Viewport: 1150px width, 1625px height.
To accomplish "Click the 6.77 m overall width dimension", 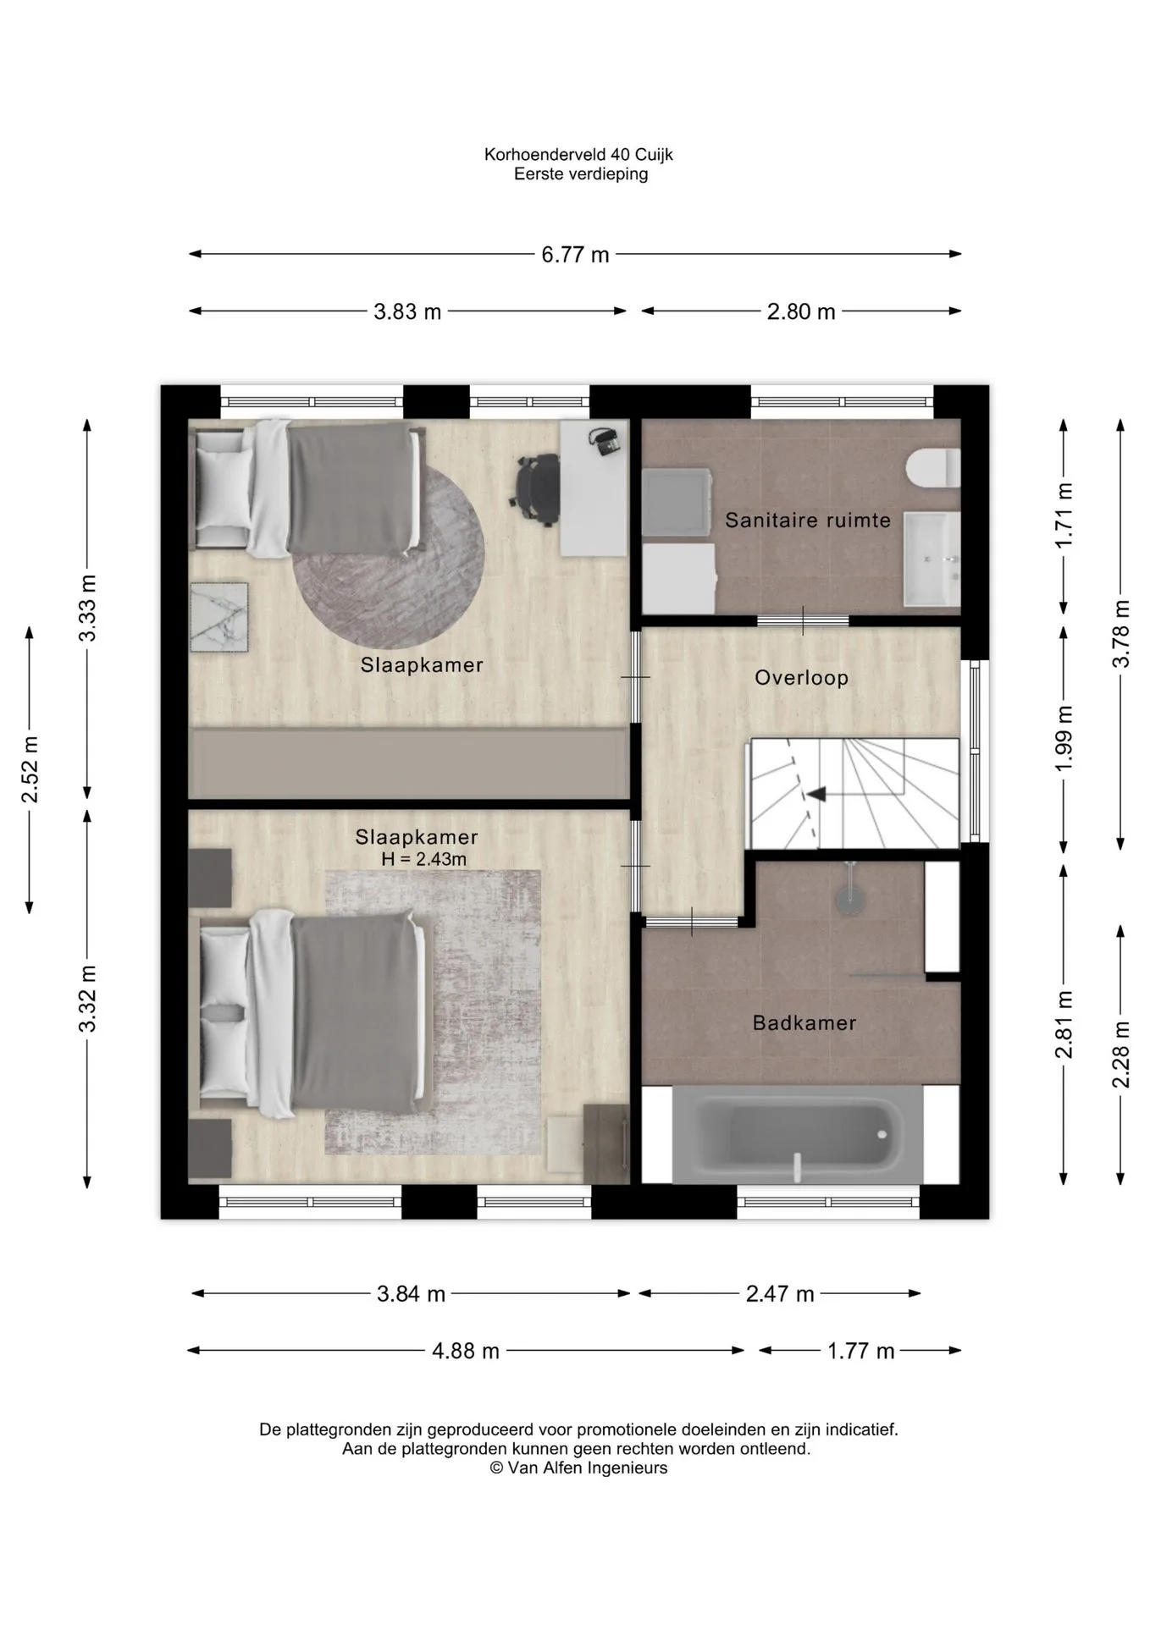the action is click(x=575, y=254).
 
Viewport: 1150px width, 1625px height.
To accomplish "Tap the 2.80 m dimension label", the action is click(x=801, y=311).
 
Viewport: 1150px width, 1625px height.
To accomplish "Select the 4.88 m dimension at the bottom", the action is click(x=466, y=1351).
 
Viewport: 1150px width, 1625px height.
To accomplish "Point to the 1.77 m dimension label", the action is click(x=860, y=1351).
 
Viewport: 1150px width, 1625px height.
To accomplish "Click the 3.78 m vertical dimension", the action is click(x=1121, y=634).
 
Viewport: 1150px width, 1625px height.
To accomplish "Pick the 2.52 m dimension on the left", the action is click(x=30, y=769).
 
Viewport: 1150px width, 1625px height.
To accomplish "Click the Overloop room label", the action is click(x=801, y=678).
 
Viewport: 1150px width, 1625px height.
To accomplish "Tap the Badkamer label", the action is click(x=804, y=1023).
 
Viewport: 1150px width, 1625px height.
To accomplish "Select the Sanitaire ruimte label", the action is click(x=808, y=521).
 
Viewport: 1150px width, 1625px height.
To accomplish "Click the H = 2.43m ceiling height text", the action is click(x=423, y=860).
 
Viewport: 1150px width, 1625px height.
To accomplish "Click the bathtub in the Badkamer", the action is click(x=797, y=1135).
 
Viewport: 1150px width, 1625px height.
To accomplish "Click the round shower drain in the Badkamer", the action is click(x=849, y=899).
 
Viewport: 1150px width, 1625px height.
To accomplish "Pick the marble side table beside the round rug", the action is click(x=219, y=617).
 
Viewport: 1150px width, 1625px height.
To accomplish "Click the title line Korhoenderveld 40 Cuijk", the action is click(x=579, y=155).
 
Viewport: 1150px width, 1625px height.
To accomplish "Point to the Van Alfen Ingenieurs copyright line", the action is click(x=579, y=1468).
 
